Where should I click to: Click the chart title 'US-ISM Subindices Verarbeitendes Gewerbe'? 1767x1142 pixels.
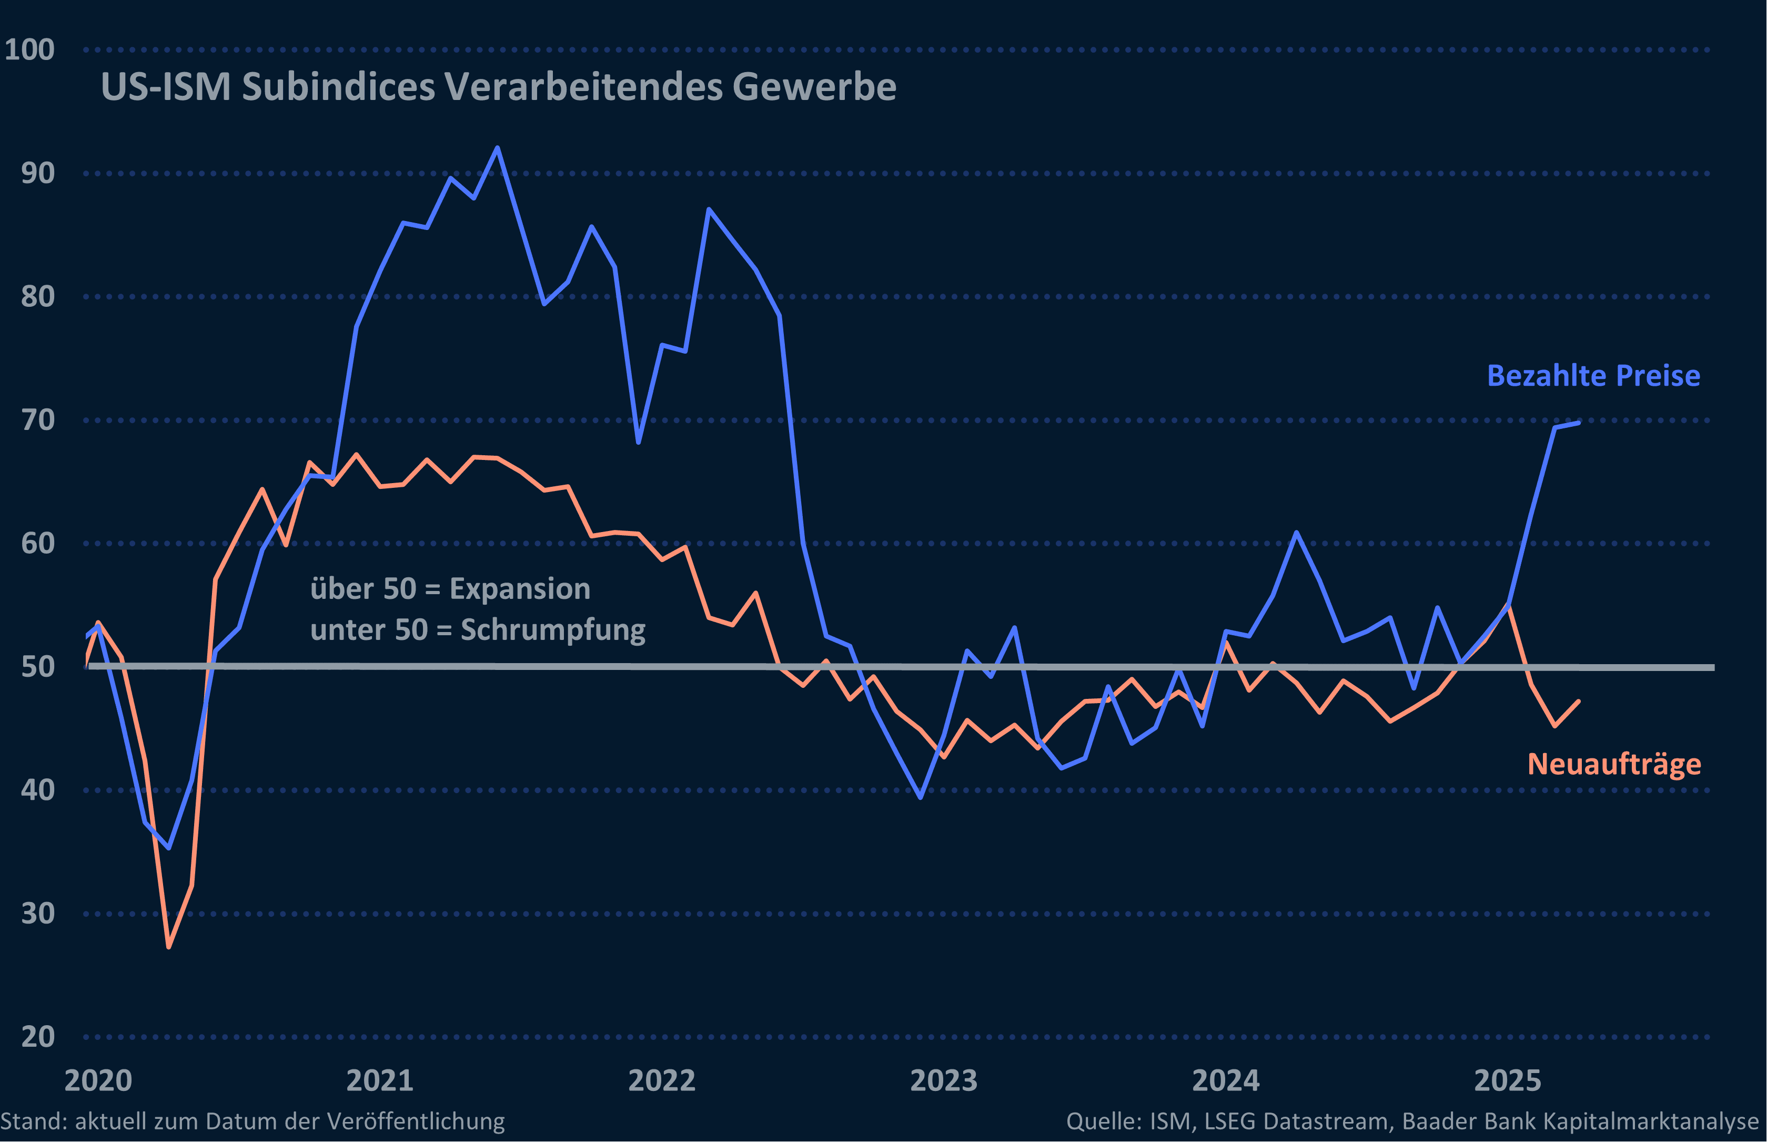tap(498, 87)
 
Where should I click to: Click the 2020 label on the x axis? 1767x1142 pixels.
tap(98, 1080)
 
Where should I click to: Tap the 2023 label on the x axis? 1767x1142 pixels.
tap(944, 1080)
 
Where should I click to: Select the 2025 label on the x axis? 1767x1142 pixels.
tap(1508, 1080)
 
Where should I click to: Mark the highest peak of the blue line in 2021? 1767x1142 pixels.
tap(497, 147)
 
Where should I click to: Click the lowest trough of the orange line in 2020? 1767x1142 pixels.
tap(169, 947)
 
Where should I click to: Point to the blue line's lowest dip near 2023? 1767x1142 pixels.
tap(921, 797)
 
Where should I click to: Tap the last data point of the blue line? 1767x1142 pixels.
tap(1579, 423)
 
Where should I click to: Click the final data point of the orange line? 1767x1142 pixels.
tap(1579, 701)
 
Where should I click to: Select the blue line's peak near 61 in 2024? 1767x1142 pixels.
tap(1296, 533)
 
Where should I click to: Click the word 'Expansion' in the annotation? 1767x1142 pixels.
tap(520, 589)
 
